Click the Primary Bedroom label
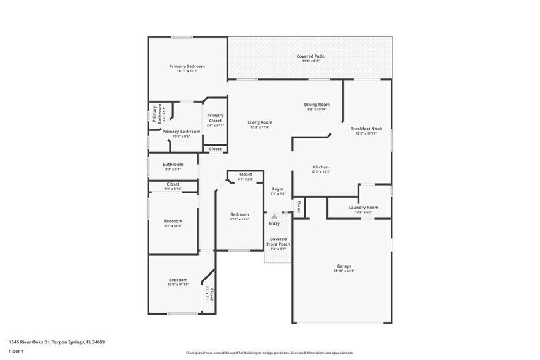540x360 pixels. tap(187, 66)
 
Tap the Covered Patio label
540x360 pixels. tap(310, 56)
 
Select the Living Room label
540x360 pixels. tap(260, 122)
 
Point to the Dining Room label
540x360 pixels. tap(317, 105)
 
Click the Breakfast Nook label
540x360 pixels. tap(366, 129)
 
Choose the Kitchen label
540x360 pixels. tap(321, 167)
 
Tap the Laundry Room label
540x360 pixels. tap(363, 208)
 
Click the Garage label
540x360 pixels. tap(343, 266)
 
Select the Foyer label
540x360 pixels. tap(278, 189)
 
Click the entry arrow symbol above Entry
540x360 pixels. tap(274, 216)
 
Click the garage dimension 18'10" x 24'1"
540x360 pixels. tap(343, 271)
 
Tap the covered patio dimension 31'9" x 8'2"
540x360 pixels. tap(310, 61)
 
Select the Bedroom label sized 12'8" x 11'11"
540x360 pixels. tap(178, 279)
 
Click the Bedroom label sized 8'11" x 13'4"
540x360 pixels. tap(239, 214)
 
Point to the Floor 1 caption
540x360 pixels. tap(16, 351)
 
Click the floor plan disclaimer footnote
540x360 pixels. tap(269, 353)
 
